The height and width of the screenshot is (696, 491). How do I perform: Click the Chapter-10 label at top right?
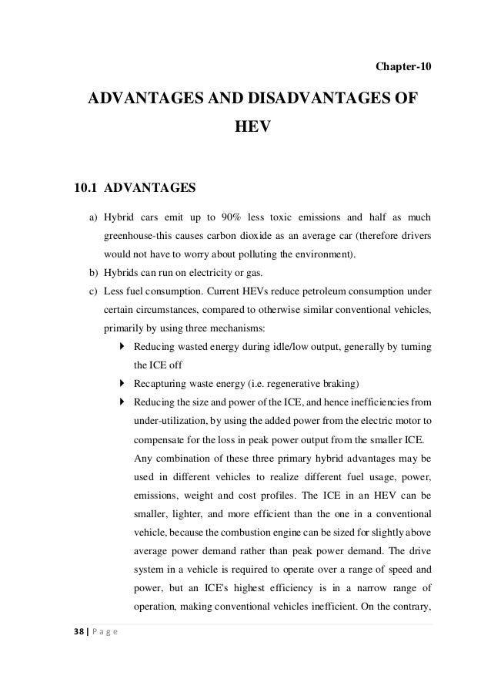[x=403, y=67]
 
